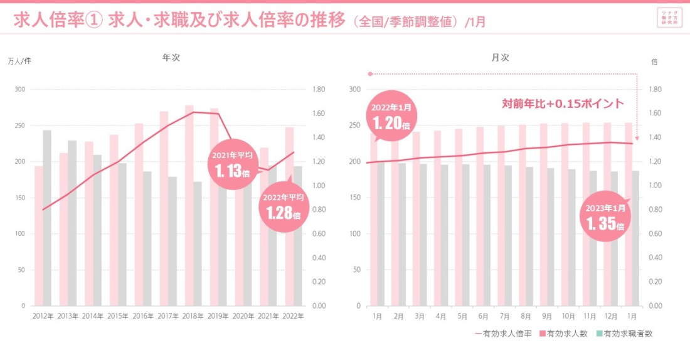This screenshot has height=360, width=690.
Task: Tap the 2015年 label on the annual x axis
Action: pyautogui.click(x=118, y=316)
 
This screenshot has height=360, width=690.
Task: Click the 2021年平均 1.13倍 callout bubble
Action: pyautogui.click(x=232, y=165)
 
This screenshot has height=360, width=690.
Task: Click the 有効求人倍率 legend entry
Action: pyautogui.click(x=503, y=334)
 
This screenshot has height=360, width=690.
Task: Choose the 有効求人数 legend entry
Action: pyautogui.click(x=563, y=334)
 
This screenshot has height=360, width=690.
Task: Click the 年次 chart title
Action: pyautogui.click(x=171, y=57)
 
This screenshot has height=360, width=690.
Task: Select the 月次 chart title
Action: pyautogui.click(x=500, y=57)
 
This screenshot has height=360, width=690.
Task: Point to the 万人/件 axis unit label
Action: pyautogui.click(x=19, y=61)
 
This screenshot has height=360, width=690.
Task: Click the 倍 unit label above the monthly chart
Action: pyautogui.click(x=654, y=61)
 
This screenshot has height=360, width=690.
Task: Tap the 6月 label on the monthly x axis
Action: pyautogui.click(x=483, y=316)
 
